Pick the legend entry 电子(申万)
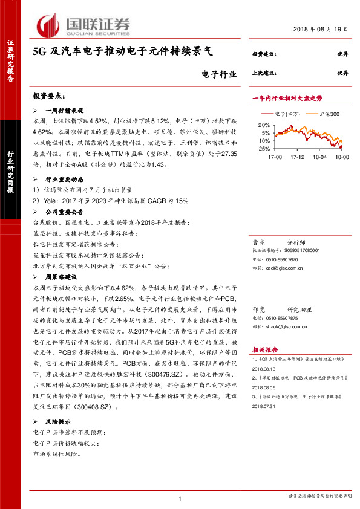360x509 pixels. tap(287, 114)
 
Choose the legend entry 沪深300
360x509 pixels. tap(327, 114)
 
